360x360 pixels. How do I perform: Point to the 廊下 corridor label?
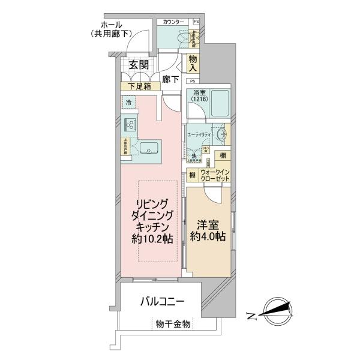pos(169,78)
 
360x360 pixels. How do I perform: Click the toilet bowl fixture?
pos(180,37)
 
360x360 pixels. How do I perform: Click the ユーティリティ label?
pos(199,136)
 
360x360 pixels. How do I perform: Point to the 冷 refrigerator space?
pos(128,103)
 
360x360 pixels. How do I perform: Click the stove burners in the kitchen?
pos(130,125)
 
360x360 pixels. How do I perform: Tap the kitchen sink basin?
pos(148,148)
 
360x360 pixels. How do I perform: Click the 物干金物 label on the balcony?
pos(173,324)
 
